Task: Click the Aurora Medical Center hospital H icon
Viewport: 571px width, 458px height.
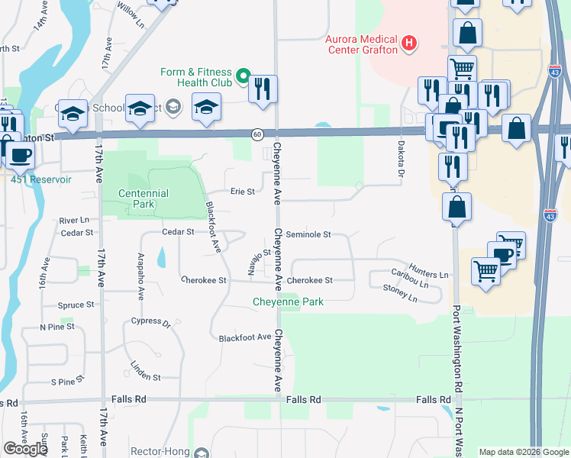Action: [410, 43]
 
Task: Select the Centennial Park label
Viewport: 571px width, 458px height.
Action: [144, 199]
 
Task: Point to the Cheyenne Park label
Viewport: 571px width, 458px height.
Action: [289, 302]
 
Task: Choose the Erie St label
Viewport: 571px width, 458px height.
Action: [243, 192]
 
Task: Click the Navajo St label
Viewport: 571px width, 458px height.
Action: [260, 260]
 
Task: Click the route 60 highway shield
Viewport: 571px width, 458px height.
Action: [258, 134]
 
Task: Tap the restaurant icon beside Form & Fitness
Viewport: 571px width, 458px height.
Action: [263, 89]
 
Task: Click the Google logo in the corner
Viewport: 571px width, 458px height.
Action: [25, 449]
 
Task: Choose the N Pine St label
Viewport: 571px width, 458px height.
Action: [57, 327]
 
